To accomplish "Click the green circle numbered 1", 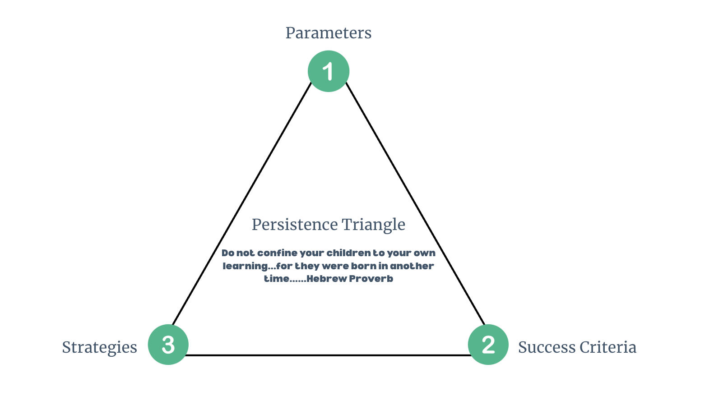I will pyautogui.click(x=329, y=71).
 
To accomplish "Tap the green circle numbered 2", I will pyautogui.click(x=488, y=345).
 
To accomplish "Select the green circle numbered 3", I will pyautogui.click(x=168, y=345).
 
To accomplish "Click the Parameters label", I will pyautogui.click(x=329, y=33).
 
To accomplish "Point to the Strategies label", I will pyautogui.click(x=99, y=347).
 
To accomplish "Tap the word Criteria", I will pyautogui.click(x=608, y=347).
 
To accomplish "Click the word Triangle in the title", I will pyautogui.click(x=374, y=225).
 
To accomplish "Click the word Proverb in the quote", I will pyautogui.click(x=371, y=279).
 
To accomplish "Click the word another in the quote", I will pyautogui.click(x=412, y=266).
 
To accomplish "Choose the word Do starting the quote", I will pyautogui.click(x=228, y=253).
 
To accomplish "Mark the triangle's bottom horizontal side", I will pyautogui.click(x=329, y=355).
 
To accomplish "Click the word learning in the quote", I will pyautogui.click(x=245, y=266).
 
